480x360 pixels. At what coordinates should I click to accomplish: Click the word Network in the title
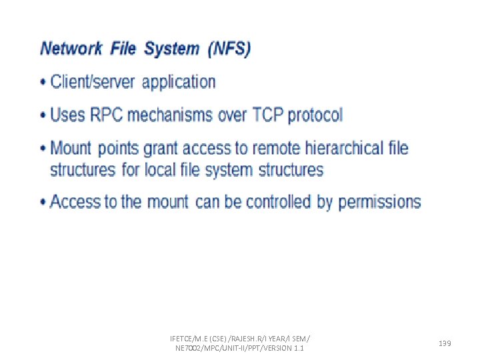71,49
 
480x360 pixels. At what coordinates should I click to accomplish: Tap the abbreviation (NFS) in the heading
229,49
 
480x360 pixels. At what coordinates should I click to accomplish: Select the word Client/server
92,82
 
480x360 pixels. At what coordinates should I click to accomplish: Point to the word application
179,83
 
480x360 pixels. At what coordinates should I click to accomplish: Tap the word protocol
314,115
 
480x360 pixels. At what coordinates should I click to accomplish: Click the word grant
161,148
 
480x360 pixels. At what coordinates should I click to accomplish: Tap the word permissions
379,202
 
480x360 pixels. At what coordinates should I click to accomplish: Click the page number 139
445,343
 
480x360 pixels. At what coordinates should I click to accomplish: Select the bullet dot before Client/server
44,83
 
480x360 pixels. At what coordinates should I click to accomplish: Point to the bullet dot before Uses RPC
44,115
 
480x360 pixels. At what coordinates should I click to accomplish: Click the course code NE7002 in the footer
189,349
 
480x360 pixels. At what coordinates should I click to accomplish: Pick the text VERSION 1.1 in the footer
284,349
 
